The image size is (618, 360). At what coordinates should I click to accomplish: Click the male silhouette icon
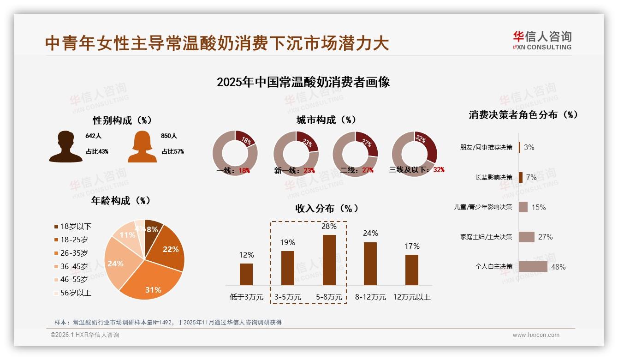tap(65, 146)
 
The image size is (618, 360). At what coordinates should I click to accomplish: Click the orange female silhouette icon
tap(142, 146)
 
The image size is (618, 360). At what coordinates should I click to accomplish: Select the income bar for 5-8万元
tap(329, 260)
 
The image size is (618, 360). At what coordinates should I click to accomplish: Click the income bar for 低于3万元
tap(246, 274)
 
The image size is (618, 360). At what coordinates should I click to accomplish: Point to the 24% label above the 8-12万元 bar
tap(370, 233)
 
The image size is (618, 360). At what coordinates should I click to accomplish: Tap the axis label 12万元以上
tap(411, 297)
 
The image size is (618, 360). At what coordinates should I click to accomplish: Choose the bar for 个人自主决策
tap(533, 267)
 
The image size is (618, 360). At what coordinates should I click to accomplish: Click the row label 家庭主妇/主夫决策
tap(486, 237)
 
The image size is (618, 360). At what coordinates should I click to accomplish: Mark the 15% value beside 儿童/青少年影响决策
tap(538, 207)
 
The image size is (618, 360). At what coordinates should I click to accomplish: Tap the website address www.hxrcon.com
tap(535, 335)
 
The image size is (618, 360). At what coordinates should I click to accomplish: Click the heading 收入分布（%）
tap(327, 208)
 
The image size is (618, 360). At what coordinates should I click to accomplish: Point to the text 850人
tap(169, 136)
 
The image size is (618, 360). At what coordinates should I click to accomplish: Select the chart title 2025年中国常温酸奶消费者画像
tap(303, 82)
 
